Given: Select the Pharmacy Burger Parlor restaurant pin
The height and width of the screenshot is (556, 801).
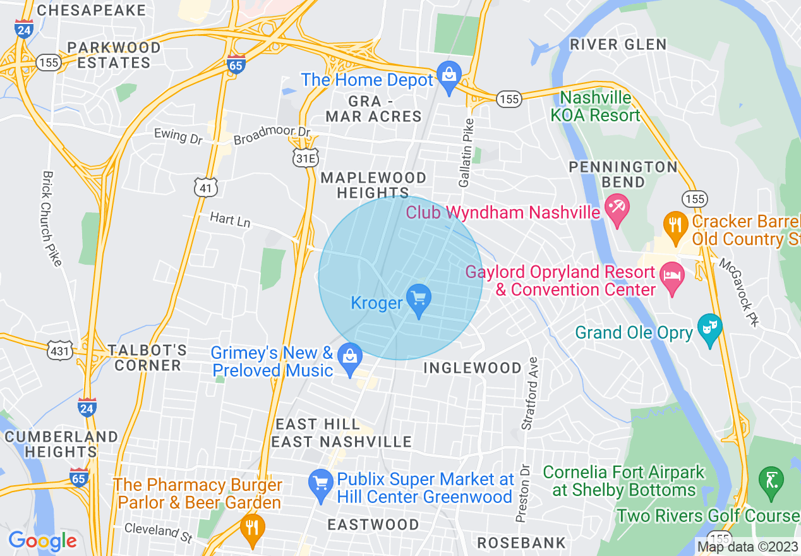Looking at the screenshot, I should coord(253,528).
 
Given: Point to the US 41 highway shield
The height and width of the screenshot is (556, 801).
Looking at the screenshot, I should coord(207,187).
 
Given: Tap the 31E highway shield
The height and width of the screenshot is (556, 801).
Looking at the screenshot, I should coord(304,159).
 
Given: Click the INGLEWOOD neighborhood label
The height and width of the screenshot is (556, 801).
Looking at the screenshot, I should coord(473,368).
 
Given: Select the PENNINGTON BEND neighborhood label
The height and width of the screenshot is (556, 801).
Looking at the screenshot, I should coord(623,174).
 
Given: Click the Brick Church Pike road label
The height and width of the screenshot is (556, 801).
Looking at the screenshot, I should coord(50,218).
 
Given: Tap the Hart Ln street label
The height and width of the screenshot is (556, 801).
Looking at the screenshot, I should coord(230,220).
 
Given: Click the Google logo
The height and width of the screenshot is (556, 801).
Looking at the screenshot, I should coord(42,541).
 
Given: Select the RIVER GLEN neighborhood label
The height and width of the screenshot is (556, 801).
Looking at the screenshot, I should coord(618,44).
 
